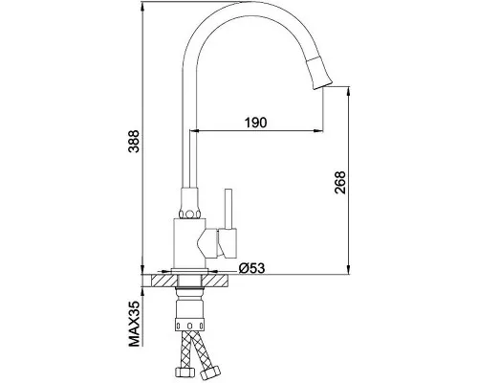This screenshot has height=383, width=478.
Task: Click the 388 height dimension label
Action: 134,142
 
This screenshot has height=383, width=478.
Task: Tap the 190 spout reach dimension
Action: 255,123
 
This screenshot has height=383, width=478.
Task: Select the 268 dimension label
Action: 340,183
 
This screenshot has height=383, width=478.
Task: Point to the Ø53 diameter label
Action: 251,268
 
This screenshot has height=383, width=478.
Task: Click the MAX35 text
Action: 134,324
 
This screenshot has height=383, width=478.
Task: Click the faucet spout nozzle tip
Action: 322,85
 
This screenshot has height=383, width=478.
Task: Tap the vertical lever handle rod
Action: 228,209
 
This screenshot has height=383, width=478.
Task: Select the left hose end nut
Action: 185,372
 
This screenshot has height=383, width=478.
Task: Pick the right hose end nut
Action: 210,372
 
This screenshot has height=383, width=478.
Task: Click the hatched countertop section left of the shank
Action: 164,281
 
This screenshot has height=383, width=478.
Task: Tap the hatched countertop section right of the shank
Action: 215,281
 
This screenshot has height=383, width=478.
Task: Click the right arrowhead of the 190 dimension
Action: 318,130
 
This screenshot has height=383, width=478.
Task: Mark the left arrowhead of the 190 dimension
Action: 195,130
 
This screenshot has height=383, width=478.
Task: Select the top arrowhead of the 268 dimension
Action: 349,92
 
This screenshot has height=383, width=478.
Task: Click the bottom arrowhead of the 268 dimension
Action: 349,269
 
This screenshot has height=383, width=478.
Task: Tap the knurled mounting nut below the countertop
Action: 189,324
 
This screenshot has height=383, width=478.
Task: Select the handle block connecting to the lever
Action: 228,243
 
